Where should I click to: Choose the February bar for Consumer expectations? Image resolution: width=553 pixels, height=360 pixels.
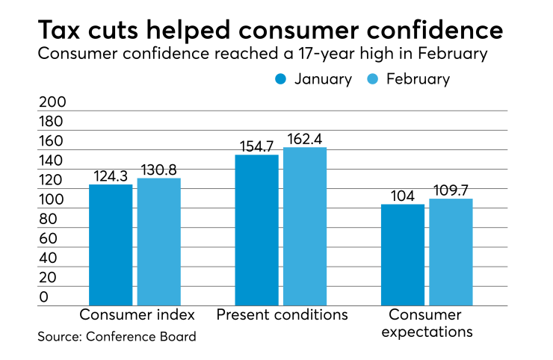tap(451, 252)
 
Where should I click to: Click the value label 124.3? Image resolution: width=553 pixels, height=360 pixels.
tap(111, 176)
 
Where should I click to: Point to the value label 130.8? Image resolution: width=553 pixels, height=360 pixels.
tap(158, 170)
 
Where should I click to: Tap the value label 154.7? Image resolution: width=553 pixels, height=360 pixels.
tap(256, 146)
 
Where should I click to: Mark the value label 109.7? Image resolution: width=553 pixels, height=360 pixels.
tap(451, 190)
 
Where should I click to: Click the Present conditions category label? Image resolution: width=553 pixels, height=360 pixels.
tap(282, 314)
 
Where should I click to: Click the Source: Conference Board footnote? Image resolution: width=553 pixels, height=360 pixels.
tap(117, 337)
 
